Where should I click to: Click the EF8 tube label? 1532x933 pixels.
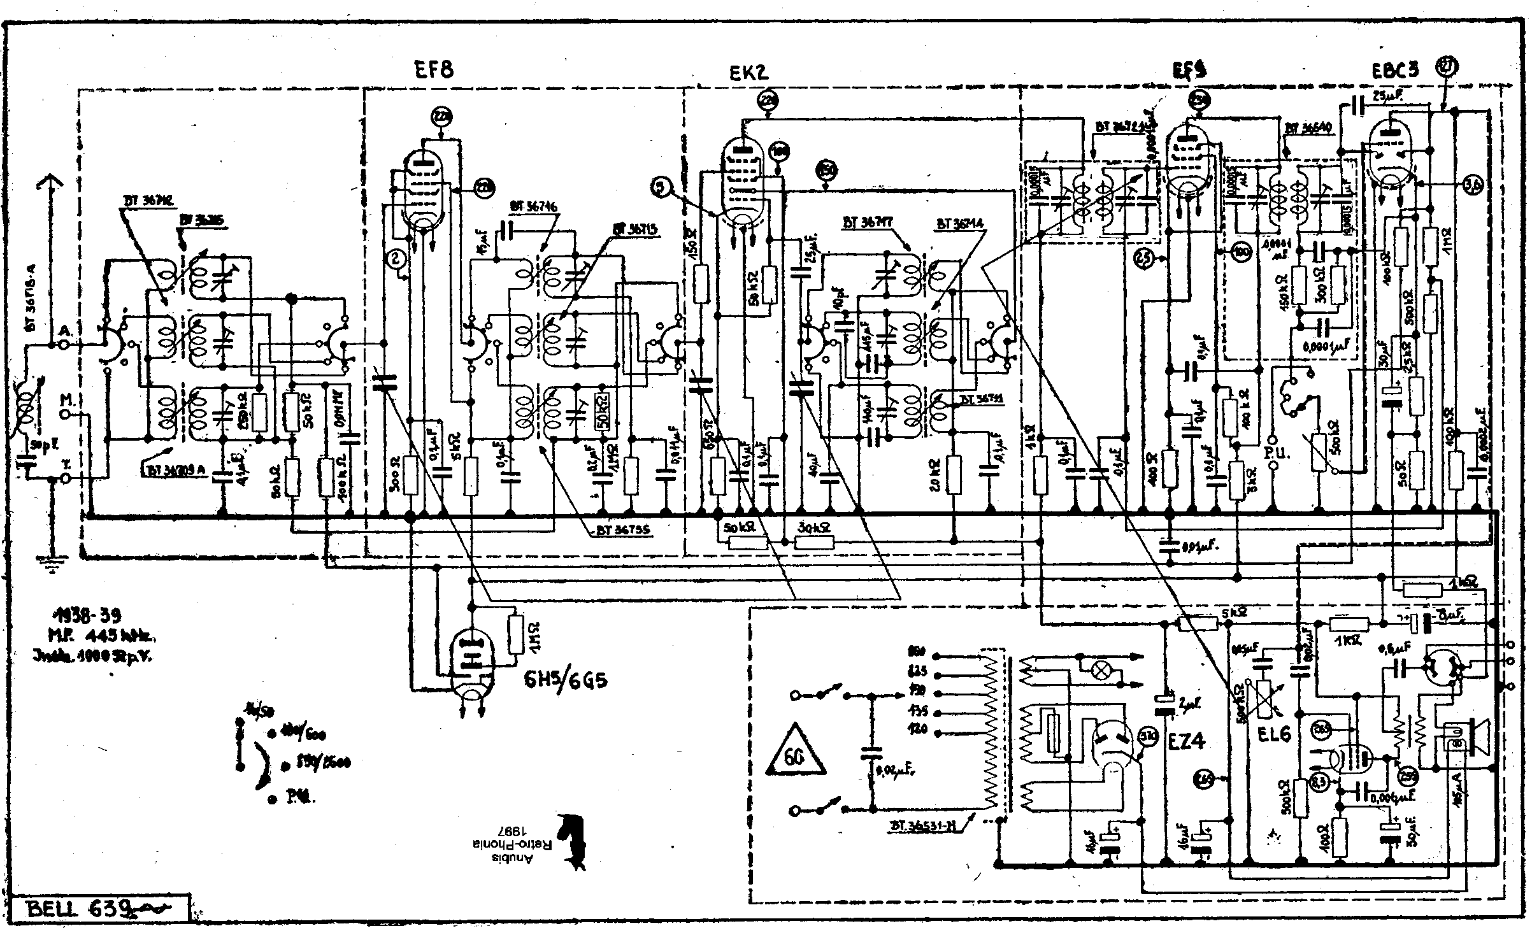[434, 69]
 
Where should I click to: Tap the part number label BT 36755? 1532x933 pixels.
[621, 530]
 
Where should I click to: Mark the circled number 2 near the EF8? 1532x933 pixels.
[396, 258]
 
